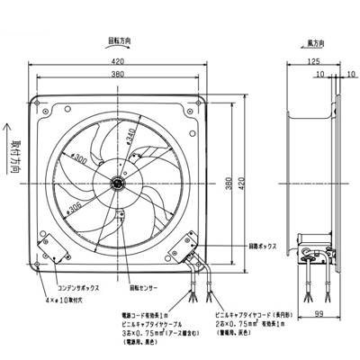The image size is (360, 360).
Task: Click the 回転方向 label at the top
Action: click(132, 42)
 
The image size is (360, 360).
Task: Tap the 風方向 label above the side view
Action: click(314, 42)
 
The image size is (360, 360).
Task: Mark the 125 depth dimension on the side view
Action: click(311, 61)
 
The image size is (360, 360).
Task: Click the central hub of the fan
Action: click(118, 181)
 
